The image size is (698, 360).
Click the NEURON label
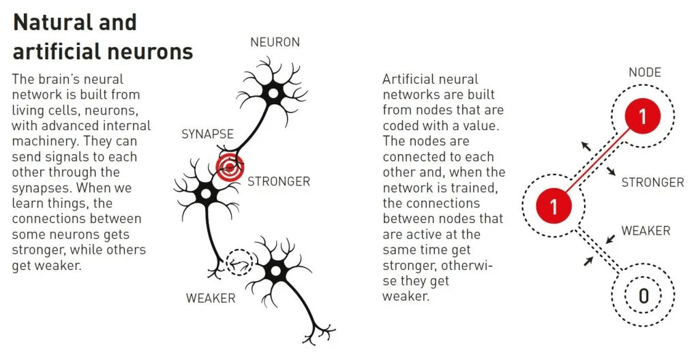(x=275, y=42)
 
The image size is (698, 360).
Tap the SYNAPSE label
(x=208, y=134)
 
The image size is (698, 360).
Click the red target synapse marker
(x=230, y=166)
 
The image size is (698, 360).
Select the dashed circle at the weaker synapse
(x=239, y=262)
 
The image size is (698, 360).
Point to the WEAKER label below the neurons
(x=211, y=298)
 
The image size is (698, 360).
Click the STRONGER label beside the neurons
(x=279, y=181)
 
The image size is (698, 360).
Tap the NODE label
(x=645, y=72)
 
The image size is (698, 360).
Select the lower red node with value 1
(x=553, y=205)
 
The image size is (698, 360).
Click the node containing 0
(x=643, y=295)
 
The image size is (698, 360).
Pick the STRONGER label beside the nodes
(x=652, y=182)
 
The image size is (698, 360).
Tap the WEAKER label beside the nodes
(x=646, y=231)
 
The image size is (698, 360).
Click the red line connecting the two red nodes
(x=598, y=162)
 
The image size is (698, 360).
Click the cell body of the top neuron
(x=273, y=93)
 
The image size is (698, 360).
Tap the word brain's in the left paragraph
(x=56, y=80)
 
